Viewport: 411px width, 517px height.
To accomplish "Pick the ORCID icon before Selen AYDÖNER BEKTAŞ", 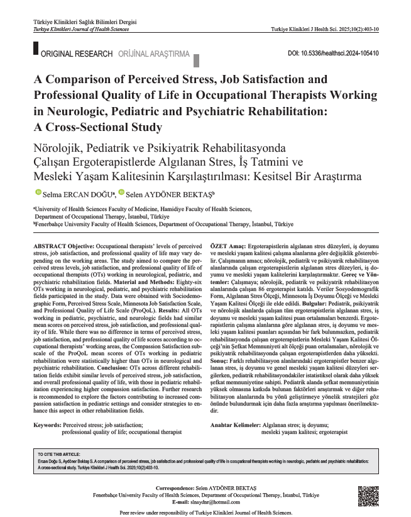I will [122, 191].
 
